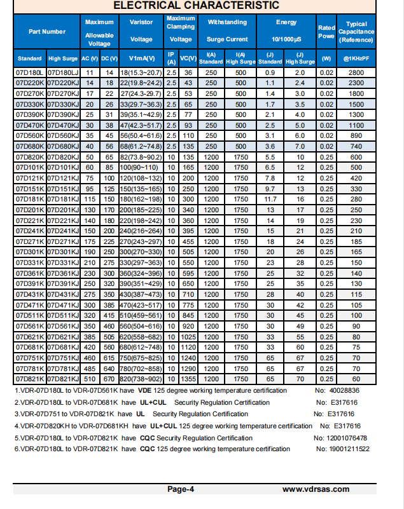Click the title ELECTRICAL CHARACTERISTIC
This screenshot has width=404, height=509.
pos(196,6)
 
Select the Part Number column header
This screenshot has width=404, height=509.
pos(46,32)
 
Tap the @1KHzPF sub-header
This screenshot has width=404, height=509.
pos(356,58)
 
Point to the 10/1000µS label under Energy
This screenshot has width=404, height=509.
pos(286,39)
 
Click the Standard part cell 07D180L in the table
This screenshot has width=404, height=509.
pos(29,73)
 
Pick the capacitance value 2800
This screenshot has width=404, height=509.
pos(356,73)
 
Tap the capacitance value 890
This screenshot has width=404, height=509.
pos(356,135)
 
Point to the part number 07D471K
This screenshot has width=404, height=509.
pos(29,305)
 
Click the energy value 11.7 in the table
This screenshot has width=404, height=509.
pos(270,198)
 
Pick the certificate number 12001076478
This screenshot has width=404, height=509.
pos(341,438)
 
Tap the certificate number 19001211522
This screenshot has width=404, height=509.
pos(342,449)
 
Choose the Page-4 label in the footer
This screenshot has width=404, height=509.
pos(181,489)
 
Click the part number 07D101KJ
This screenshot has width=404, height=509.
pos(62,166)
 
